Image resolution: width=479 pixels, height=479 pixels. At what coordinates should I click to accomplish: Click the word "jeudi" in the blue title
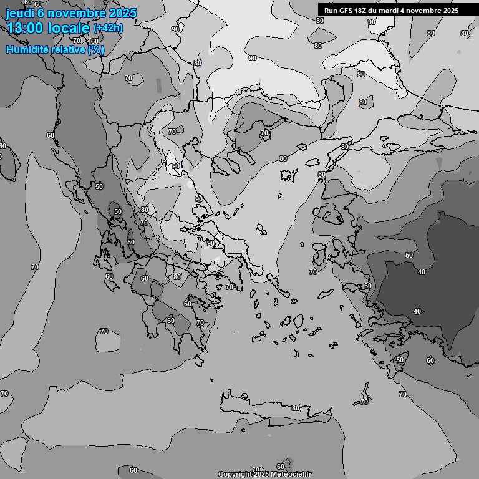19,13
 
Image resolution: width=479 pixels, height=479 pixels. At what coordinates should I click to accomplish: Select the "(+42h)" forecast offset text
107,28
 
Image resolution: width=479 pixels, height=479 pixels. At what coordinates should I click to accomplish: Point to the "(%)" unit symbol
96,49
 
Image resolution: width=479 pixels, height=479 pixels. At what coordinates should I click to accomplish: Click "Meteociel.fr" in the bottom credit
289,475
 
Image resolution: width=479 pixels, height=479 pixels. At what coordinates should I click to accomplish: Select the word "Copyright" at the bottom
235,475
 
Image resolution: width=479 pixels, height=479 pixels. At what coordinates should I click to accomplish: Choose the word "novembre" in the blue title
74,13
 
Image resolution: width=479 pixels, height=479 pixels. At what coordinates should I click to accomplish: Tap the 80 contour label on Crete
296,408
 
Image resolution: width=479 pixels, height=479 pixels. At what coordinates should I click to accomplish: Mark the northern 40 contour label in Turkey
422,272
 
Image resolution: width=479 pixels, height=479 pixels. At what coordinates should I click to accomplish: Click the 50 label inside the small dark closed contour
118,211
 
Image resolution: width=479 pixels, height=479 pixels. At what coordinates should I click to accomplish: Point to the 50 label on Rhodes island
399,360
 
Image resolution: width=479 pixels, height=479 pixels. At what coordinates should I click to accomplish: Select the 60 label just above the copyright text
281,467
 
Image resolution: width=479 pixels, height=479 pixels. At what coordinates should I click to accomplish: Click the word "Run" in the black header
331,11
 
